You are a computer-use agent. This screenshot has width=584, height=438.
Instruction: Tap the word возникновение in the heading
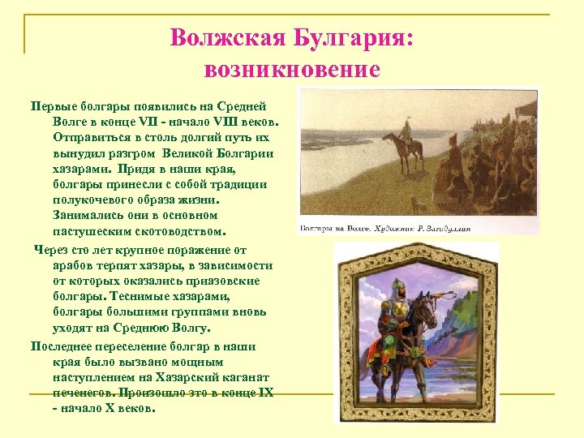(292, 70)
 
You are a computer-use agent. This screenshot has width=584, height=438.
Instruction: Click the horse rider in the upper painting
(403, 142)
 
